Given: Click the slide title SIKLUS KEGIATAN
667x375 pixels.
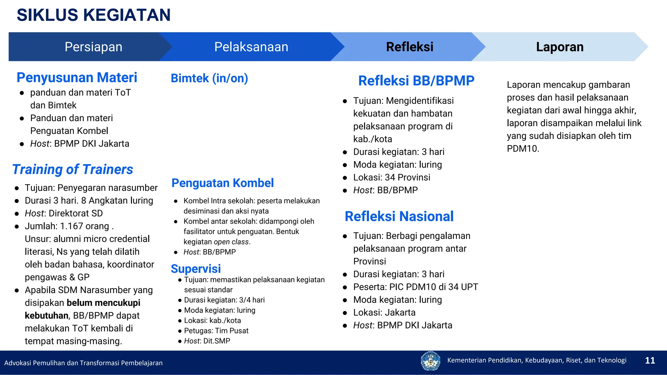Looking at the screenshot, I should pyautogui.click(x=93, y=15).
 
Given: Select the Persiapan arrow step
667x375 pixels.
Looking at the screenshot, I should pyautogui.click(x=93, y=47).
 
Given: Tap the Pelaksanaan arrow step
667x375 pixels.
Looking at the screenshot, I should pyautogui.click(x=251, y=47).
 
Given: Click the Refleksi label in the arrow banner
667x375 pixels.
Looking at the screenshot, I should pyautogui.click(x=409, y=47).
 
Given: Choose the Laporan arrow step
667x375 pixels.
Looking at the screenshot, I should pyautogui.click(x=560, y=47).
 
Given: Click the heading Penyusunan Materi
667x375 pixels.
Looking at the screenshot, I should pyautogui.click(x=77, y=78).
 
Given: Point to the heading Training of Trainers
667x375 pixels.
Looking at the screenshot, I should pyautogui.click(x=73, y=170).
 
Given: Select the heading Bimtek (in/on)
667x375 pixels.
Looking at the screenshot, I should pyautogui.click(x=209, y=78).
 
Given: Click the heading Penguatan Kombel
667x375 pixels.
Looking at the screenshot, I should pyautogui.click(x=222, y=183).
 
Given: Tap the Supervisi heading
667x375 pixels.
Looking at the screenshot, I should pyautogui.click(x=196, y=269).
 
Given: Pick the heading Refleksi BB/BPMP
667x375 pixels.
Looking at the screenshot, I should pyautogui.click(x=416, y=81).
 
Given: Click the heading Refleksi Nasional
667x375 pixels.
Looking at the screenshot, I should pyautogui.click(x=399, y=216).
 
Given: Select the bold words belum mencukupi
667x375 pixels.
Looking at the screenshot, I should pyautogui.click(x=103, y=303).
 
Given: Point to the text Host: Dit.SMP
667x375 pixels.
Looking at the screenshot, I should pyautogui.click(x=207, y=341).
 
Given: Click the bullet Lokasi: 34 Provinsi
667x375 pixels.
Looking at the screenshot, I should pyautogui.click(x=391, y=177).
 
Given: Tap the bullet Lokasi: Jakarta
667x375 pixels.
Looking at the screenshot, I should pyautogui.click(x=384, y=312).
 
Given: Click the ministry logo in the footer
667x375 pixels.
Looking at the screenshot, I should pyautogui.click(x=430, y=361).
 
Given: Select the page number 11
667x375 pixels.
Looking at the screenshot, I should pyautogui.click(x=650, y=360).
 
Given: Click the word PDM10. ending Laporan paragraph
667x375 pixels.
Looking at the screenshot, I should pyautogui.click(x=523, y=149).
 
